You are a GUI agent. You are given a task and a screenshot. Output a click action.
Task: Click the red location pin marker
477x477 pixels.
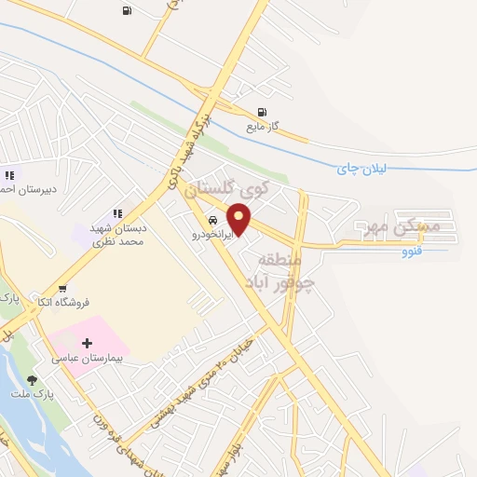coord(239,220)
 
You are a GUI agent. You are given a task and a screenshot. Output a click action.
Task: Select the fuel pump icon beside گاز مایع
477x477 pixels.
coord(262,113)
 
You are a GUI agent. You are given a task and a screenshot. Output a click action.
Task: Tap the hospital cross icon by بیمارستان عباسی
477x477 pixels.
coord(88,344)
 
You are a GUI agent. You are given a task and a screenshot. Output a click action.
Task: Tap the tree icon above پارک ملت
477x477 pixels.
coord(33,380)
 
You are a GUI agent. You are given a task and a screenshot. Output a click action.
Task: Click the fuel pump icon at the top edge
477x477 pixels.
coord(126,11)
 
